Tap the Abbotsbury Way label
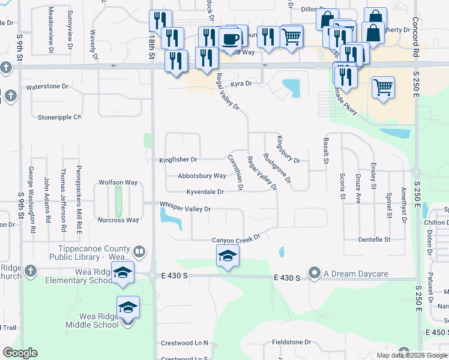click(x=202, y=176)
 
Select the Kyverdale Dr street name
click(x=205, y=192)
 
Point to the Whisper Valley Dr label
click(x=185, y=208)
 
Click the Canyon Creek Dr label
click(x=235, y=239)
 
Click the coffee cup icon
click(x=231, y=40)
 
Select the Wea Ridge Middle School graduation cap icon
click(x=128, y=308)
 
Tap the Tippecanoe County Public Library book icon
click(x=139, y=251)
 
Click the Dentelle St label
click(x=374, y=239)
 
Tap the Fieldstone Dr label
click(x=292, y=342)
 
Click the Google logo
click(x=19, y=353)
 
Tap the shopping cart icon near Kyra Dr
click(x=382, y=88)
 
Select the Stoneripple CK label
click(x=59, y=117)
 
